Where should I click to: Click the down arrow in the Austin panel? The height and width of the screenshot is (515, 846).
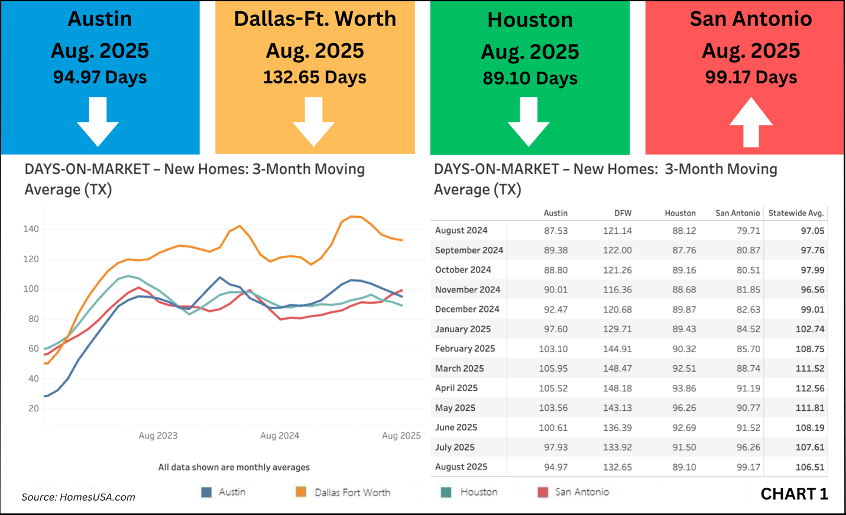tap(98, 121)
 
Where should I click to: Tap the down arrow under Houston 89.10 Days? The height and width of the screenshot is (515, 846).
tap(529, 121)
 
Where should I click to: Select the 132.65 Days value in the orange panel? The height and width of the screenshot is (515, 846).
tap(315, 78)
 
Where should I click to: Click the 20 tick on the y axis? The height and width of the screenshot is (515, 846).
tap(33, 408)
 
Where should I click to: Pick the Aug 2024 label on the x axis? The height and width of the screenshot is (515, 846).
tap(280, 436)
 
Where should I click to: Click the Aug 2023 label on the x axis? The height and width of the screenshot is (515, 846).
tap(158, 436)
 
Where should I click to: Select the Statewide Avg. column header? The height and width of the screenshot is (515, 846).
tap(796, 213)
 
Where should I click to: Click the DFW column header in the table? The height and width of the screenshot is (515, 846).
tap(623, 213)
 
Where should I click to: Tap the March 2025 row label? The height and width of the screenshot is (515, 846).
tap(459, 368)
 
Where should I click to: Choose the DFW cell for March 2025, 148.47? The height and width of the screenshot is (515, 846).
tap(617, 368)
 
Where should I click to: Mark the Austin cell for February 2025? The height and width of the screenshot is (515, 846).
tap(553, 349)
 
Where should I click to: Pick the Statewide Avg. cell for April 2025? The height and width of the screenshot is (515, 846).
tap(809, 388)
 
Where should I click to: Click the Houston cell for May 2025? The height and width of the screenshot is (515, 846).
tap(684, 408)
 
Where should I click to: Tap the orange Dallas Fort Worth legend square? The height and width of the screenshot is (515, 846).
tap(301, 492)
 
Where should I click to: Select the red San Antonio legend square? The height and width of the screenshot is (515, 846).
tap(543, 492)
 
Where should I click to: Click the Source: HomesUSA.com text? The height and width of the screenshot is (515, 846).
tap(78, 497)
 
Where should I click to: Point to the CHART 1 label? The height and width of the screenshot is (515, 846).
tap(794, 494)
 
